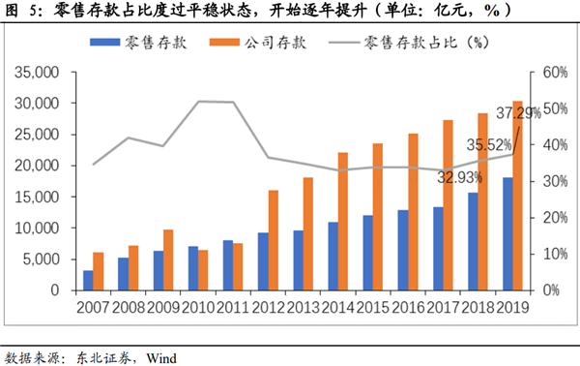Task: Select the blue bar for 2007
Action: pyautogui.click(x=89, y=280)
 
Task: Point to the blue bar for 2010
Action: pyautogui.click(x=193, y=268)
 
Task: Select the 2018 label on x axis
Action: pyautogui.click(x=479, y=308)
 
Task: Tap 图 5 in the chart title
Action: pyautogui.click(x=22, y=11)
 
